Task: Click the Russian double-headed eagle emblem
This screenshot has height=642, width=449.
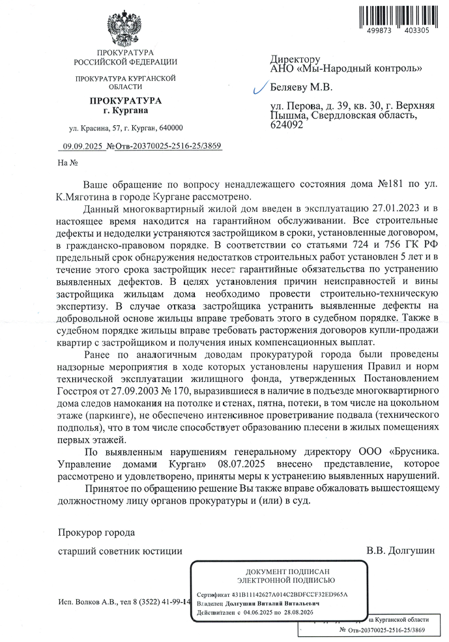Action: tap(124, 27)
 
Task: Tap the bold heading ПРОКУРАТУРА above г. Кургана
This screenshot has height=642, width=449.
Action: tap(124, 101)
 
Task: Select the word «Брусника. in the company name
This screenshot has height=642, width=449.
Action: tap(413, 450)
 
